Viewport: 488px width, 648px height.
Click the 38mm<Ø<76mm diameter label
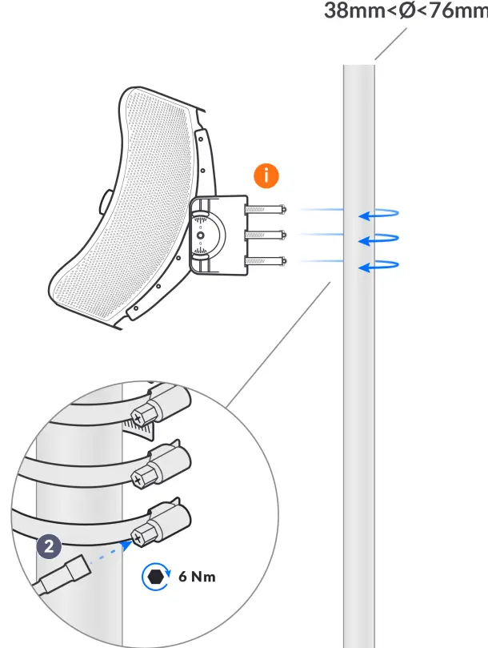[x=405, y=11]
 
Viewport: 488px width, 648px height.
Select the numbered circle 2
[x=50, y=547]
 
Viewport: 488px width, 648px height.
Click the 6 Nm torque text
[x=198, y=576]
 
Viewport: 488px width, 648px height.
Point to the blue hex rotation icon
[x=154, y=576]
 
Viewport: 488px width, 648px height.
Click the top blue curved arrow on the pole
[x=378, y=213]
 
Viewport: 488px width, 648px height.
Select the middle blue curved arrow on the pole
[x=378, y=238]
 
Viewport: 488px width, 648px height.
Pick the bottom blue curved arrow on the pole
[x=378, y=265]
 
